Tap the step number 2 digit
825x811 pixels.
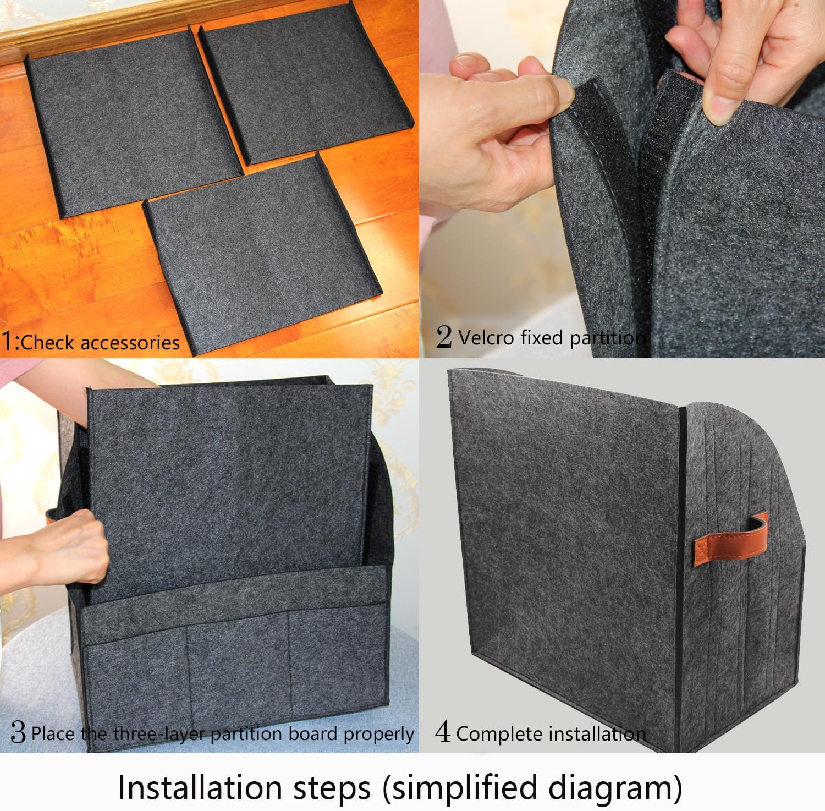pyautogui.click(x=443, y=336)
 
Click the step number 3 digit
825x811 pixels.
pyautogui.click(x=18, y=733)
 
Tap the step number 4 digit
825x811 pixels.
pyautogui.click(x=443, y=732)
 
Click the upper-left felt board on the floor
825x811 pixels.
pyautogui.click(x=132, y=124)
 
